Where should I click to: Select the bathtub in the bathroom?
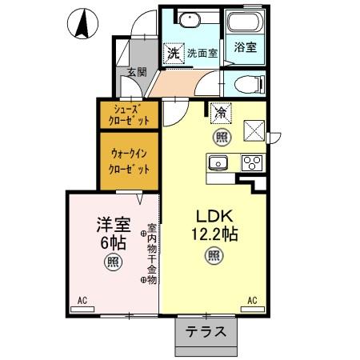pyautogui.click(x=245, y=24)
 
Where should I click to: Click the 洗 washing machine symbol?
pyautogui.click(x=172, y=54)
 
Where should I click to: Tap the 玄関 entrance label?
pyautogui.click(x=135, y=71)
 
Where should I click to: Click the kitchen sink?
pyautogui.click(x=218, y=163)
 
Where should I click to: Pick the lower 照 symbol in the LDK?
pyautogui.click(x=214, y=257)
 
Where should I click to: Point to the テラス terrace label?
pyautogui.click(x=206, y=332)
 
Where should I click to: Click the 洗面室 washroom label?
pyautogui.click(x=202, y=54)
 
